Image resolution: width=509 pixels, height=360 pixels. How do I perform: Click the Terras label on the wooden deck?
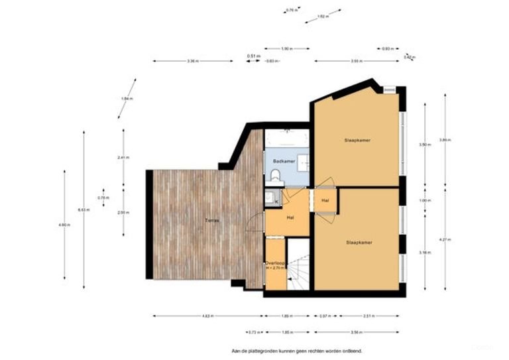(212, 219)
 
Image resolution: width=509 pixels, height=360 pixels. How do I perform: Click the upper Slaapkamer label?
(357, 141)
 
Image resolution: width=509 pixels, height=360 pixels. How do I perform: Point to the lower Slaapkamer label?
(359, 243)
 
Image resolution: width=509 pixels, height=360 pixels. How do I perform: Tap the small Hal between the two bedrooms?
(325, 200)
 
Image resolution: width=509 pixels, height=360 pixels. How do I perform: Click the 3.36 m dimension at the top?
(192, 61)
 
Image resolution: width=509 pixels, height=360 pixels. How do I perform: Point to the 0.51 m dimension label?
(252, 56)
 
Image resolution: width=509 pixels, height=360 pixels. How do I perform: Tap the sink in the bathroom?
(304, 160)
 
